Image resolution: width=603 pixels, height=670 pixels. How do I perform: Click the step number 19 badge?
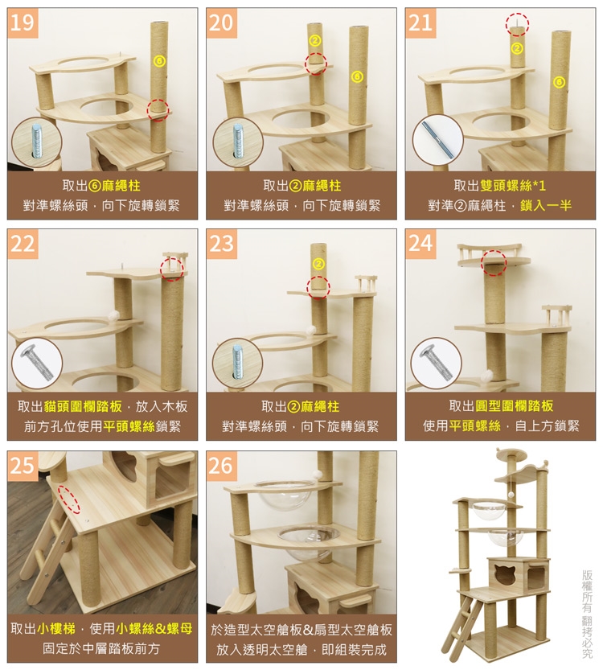[x=23, y=23]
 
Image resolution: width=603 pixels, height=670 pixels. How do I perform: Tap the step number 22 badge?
[x=23, y=244]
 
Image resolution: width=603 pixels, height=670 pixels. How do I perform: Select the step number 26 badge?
[x=222, y=466]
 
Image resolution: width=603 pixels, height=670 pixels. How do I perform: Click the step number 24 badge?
[x=420, y=244]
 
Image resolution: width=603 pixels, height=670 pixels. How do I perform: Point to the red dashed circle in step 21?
[x=517, y=24]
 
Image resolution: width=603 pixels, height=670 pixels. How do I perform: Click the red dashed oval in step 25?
[x=69, y=499]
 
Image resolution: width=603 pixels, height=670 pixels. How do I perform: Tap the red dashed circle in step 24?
[x=494, y=261]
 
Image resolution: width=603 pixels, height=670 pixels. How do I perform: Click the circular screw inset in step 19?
[x=37, y=142]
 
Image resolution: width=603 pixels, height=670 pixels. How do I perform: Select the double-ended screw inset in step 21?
[x=437, y=140]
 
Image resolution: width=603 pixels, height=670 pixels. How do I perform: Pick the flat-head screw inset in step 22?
[x=37, y=364]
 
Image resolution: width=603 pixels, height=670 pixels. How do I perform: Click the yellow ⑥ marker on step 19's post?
[x=159, y=61]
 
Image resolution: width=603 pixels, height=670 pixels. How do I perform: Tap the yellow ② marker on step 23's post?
[x=318, y=264]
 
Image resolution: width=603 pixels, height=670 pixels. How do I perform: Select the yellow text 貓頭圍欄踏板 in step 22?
[x=83, y=406]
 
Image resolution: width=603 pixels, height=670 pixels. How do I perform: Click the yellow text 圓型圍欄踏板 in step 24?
[x=515, y=405]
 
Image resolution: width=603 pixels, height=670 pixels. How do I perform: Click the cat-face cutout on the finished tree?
[x=506, y=575]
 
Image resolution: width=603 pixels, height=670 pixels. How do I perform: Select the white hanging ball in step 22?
[x=113, y=316]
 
